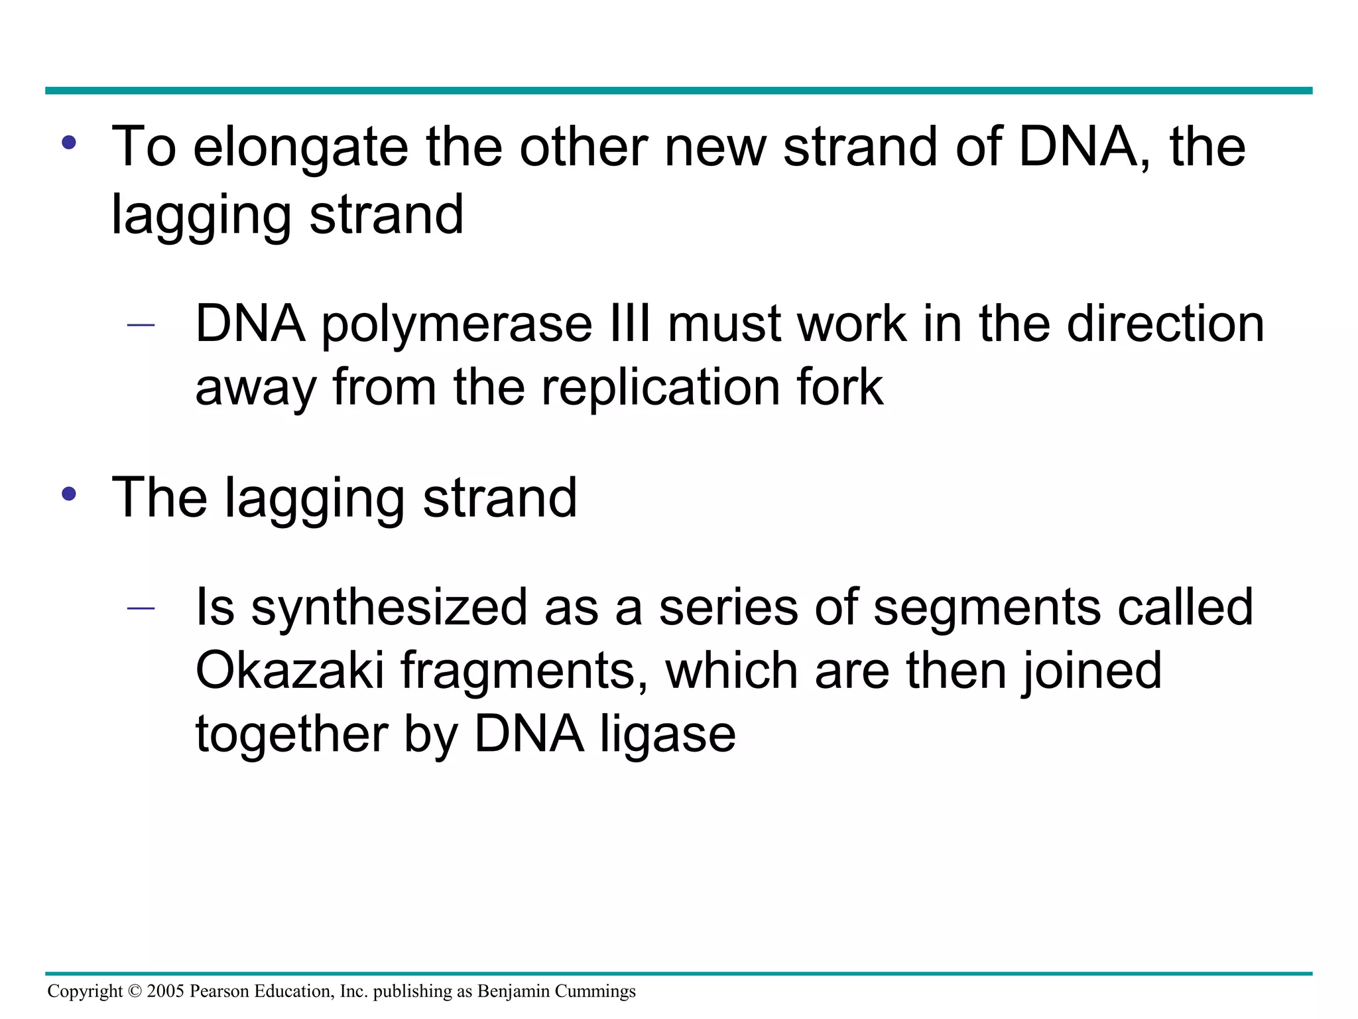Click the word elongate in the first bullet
point(300,147)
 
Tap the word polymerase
point(457,324)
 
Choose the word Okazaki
point(290,671)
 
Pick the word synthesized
point(389,608)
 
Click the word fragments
point(524,671)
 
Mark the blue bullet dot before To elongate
point(69,143)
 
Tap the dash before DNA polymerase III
point(141,325)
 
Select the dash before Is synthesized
point(141,608)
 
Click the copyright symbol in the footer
point(135,992)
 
